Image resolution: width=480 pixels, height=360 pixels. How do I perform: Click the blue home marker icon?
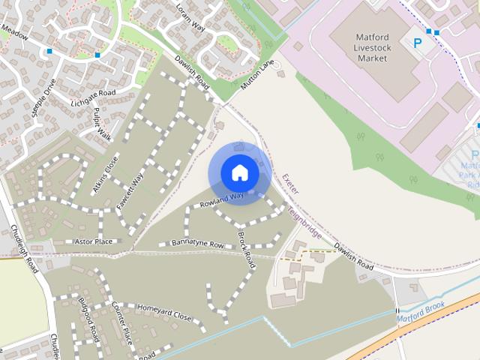[239, 172]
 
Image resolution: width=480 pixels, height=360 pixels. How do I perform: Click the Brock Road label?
[246, 250]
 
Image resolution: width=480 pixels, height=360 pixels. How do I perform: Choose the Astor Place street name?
[93, 241]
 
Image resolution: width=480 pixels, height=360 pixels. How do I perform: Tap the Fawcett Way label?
[130, 191]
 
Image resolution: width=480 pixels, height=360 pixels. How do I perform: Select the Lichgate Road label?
[93, 97]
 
